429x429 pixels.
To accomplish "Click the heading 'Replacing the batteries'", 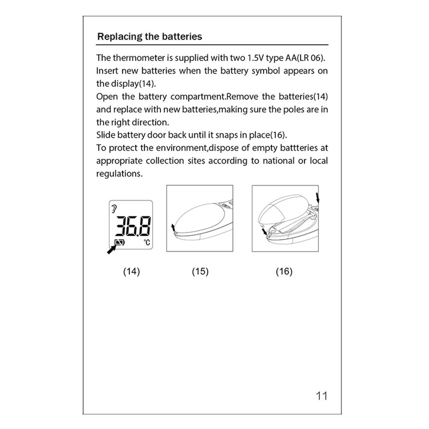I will click(150, 36).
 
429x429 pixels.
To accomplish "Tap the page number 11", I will click(321, 396).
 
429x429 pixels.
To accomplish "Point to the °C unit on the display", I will click(147, 243).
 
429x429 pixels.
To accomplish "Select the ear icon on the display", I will click(114, 209).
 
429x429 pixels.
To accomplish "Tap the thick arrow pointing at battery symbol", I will click(112, 249).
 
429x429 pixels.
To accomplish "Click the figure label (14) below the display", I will click(132, 271).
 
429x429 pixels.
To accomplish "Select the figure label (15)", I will click(200, 271).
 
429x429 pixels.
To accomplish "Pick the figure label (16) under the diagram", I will click(284, 271).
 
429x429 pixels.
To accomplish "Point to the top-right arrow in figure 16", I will click(318, 198).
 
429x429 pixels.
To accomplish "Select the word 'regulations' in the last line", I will click(117, 174).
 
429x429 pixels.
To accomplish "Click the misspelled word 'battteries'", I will click(297, 148).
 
